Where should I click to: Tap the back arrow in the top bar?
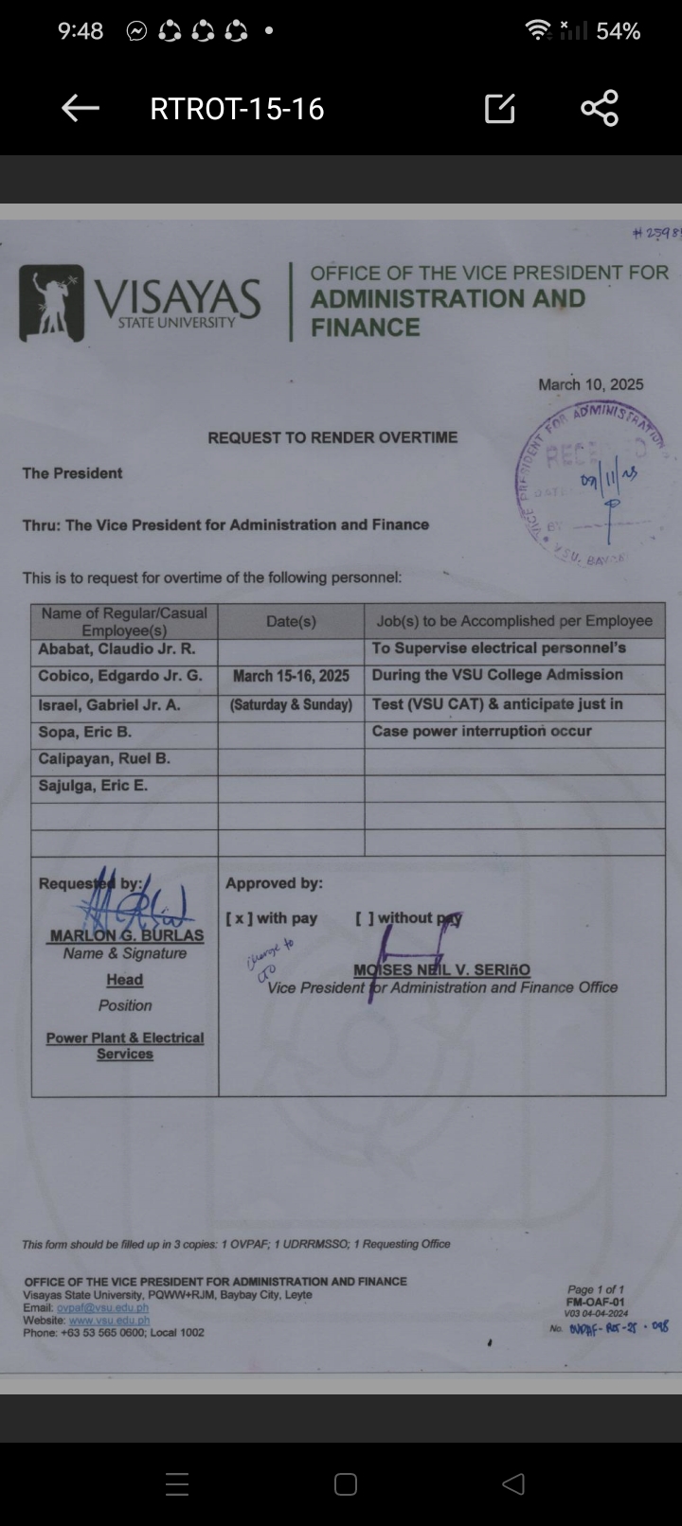coord(81,109)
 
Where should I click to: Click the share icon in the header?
coord(600,108)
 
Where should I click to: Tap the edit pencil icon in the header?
coord(499,109)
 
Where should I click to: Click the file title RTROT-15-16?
coord(237,109)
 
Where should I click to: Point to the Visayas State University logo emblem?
coord(51,303)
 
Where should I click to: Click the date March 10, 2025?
coord(590,384)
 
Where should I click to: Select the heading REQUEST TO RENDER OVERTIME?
coord(332,437)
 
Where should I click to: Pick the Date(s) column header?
coord(291,621)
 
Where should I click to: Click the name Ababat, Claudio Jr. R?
coord(117,648)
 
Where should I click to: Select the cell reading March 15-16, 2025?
coord(291,676)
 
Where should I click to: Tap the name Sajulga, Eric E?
coord(93,786)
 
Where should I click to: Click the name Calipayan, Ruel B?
coord(104,758)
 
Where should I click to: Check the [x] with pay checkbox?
coord(240,917)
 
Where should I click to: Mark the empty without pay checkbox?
coord(365,917)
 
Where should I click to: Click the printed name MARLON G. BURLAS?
coord(127,935)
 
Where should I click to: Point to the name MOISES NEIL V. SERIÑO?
coord(441,969)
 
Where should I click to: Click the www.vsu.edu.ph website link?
coord(110,1320)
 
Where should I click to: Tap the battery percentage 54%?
coord(618,31)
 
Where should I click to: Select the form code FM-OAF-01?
coord(595,1302)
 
